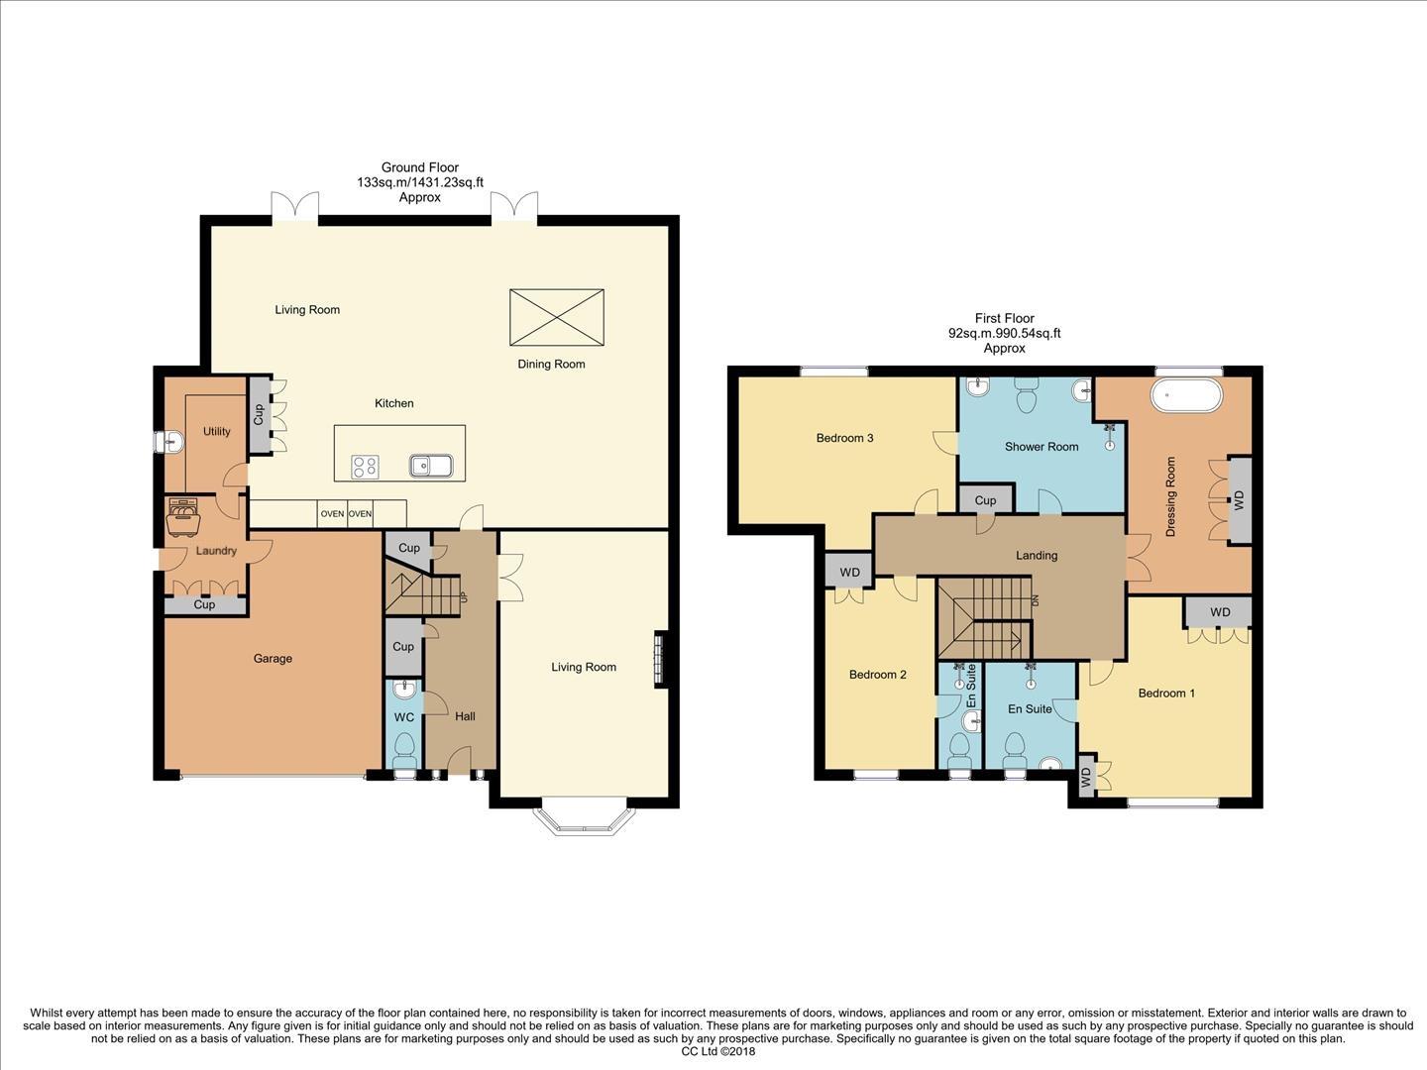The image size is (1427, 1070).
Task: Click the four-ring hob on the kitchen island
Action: point(365,467)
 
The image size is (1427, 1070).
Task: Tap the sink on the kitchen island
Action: point(430,466)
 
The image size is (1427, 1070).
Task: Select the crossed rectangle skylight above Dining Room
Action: point(556,317)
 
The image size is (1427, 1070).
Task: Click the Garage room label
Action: point(273,659)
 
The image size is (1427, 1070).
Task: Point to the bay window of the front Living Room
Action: point(581,820)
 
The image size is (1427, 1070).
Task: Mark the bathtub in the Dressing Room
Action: point(1186,395)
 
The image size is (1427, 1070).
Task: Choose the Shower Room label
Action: point(1041,447)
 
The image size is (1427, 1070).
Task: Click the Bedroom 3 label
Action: point(844,438)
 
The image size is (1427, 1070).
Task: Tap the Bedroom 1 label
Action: point(1165,694)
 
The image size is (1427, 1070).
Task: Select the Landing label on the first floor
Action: point(1037,556)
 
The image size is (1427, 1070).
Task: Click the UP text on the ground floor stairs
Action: point(462,597)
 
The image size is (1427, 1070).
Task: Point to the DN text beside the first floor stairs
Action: point(1035,600)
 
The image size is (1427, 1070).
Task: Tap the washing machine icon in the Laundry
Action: point(182,515)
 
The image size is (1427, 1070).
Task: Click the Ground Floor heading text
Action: point(420,168)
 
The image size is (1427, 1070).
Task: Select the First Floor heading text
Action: point(1004,319)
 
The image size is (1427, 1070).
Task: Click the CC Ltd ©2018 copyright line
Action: point(717,1052)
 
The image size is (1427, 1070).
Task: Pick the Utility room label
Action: point(217,432)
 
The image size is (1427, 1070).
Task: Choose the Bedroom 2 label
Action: point(877,675)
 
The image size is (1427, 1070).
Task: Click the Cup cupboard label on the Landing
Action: point(985,500)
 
